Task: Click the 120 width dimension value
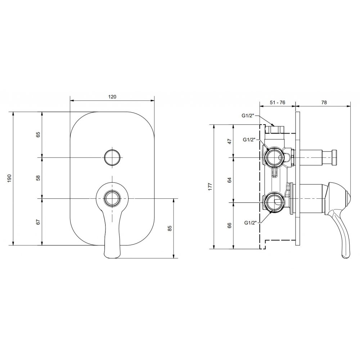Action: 112,96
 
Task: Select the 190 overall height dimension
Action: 9,178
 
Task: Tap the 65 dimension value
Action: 38,134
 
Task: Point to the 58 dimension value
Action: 38,178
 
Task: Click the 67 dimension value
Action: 38,222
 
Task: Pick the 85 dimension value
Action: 170,228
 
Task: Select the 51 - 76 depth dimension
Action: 277,102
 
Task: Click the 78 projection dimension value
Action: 324,102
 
